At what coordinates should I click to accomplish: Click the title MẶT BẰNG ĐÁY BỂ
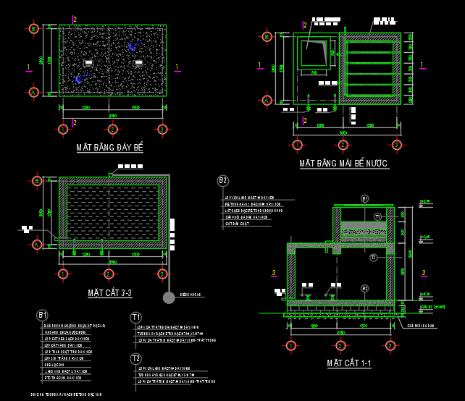click(110, 148)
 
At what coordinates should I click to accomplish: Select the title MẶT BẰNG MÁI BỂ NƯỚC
click(344, 164)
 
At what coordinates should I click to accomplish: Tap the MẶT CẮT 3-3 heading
click(109, 292)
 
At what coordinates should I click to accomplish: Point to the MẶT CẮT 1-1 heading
click(348, 363)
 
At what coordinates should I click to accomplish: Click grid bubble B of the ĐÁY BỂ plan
click(33, 29)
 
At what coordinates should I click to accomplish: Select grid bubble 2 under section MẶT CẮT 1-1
click(340, 345)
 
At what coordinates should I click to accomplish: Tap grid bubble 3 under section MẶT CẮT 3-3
click(162, 274)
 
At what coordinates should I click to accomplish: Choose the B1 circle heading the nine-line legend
click(42, 315)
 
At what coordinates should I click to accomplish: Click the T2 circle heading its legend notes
click(135, 358)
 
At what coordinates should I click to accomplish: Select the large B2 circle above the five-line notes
click(223, 181)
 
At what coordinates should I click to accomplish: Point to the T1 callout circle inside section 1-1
click(377, 216)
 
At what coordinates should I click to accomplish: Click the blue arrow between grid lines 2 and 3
click(132, 47)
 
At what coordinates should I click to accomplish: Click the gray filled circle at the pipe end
click(169, 297)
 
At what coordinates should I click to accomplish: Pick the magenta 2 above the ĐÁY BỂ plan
click(74, 19)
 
